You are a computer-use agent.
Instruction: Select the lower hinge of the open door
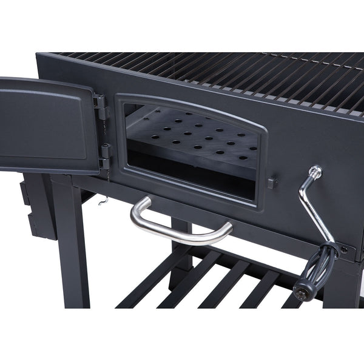click(104, 156)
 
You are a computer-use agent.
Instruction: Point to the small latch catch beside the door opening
click(272, 182)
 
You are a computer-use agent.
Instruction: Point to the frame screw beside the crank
click(344, 249)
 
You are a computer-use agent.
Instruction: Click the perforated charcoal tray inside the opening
click(194, 140)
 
